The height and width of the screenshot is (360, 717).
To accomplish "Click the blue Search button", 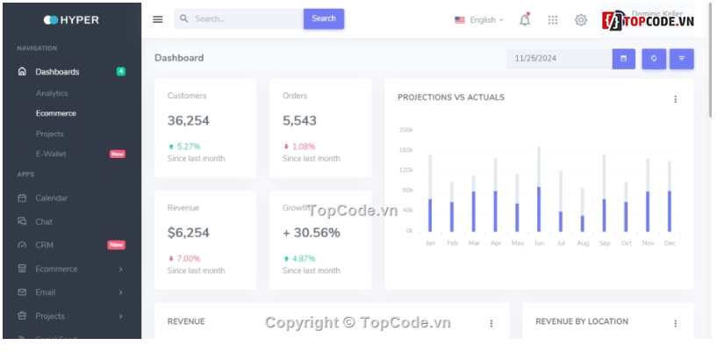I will [x=323, y=18].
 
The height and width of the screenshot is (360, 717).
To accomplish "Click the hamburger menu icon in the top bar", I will [x=158, y=19].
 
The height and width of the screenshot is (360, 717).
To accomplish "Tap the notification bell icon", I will [x=525, y=19].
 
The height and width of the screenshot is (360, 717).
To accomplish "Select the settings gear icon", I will [x=580, y=19].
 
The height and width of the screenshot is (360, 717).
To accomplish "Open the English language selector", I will [x=479, y=19].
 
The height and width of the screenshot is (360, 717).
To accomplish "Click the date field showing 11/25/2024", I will [x=558, y=59].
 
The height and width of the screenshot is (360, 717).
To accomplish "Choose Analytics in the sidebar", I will [x=52, y=93].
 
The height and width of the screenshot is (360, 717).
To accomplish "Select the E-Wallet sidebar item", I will [x=51, y=154].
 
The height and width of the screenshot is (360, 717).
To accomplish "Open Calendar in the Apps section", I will [x=52, y=198].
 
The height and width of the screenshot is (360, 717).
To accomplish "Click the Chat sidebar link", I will [x=44, y=222].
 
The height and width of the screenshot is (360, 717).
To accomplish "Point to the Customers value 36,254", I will [x=189, y=121].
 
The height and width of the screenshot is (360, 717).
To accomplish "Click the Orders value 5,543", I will [x=299, y=121].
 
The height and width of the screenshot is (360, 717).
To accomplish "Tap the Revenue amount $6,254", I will [x=189, y=233].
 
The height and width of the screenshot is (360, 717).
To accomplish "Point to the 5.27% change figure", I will [x=188, y=147].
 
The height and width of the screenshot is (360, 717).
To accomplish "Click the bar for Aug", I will [x=582, y=222].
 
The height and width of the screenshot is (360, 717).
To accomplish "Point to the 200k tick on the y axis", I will [x=405, y=130].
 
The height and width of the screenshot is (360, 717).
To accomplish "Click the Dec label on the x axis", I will [x=670, y=242].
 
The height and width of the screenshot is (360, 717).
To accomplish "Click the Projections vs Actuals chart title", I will [x=451, y=97].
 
